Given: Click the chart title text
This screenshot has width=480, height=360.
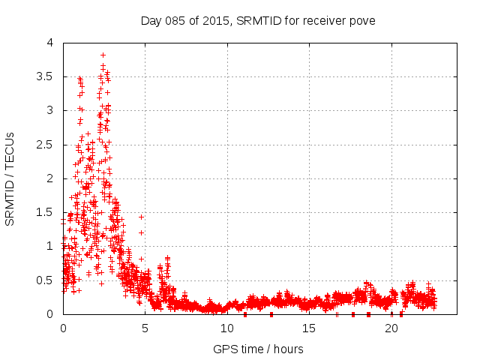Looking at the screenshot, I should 258,20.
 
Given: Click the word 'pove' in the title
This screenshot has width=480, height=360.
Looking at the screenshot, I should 362,20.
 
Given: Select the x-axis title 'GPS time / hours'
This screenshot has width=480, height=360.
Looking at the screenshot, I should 258,349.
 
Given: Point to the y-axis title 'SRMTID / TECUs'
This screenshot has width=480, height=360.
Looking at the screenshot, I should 10,178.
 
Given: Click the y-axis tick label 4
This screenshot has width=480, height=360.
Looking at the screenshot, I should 49,43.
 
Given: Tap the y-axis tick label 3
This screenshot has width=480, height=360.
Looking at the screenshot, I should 49,110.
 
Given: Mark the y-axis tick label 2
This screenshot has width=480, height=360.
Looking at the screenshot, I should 49,178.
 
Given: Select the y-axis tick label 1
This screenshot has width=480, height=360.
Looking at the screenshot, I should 49,246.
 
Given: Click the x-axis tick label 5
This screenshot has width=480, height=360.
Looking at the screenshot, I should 145,328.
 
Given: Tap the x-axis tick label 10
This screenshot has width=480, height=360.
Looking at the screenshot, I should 227,328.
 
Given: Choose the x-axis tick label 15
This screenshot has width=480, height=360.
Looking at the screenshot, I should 310,328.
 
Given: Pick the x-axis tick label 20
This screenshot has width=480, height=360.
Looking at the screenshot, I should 391,328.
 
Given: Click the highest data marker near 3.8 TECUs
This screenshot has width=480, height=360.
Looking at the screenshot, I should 103,55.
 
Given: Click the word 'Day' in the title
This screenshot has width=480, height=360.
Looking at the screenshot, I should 151,20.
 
